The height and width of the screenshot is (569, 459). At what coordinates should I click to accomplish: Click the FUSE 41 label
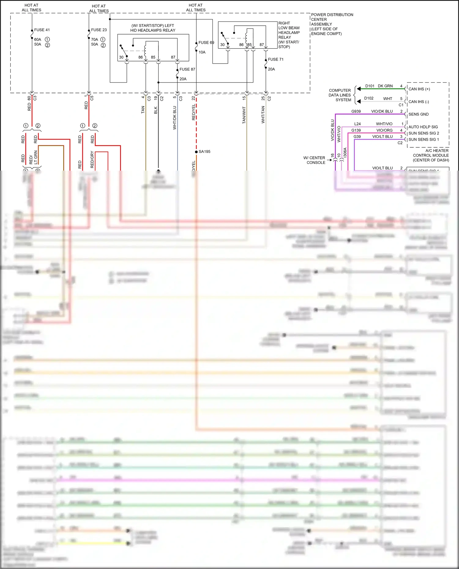tap(42, 30)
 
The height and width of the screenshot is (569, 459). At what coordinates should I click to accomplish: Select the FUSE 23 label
tap(99, 30)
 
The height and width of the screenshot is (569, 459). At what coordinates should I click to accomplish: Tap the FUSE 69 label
tap(206, 42)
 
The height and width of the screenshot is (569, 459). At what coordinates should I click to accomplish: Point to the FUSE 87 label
tap(187, 69)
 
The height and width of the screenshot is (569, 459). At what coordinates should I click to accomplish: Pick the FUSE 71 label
tap(276, 59)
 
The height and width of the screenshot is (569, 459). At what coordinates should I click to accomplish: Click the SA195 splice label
tap(204, 152)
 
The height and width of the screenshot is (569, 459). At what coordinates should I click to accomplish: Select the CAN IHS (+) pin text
tap(419, 89)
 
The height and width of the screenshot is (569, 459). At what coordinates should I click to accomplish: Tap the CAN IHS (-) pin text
tap(419, 102)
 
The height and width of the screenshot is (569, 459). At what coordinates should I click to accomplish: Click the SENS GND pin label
tap(419, 114)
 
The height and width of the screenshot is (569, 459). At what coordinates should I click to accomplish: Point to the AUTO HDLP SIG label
tap(423, 127)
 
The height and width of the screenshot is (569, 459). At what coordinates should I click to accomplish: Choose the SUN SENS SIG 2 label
tap(424, 133)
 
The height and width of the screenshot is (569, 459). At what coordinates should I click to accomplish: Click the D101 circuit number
tap(370, 86)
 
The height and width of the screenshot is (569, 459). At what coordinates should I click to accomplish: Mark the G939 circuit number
tap(356, 111)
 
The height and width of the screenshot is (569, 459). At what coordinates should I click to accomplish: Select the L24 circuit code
tap(357, 124)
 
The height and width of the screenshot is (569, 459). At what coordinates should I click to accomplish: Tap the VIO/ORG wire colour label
tap(384, 130)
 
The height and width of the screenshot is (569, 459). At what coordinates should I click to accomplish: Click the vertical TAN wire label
tap(143, 110)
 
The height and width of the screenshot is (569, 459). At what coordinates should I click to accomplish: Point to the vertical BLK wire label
tap(156, 110)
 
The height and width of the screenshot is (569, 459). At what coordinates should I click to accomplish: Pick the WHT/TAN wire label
tap(263, 115)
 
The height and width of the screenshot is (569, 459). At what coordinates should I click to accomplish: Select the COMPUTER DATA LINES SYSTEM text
tap(340, 95)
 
